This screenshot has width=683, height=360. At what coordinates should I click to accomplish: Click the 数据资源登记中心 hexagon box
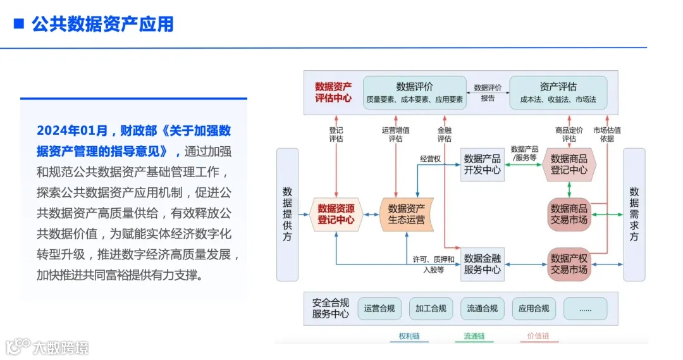tap(336, 214)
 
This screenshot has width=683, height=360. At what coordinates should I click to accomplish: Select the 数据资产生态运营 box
tap(406, 214)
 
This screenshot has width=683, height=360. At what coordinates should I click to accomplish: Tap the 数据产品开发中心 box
tap(483, 164)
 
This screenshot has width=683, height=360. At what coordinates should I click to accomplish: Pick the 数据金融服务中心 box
tap(483, 264)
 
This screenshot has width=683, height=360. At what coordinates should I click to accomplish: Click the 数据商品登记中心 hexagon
tap(569, 164)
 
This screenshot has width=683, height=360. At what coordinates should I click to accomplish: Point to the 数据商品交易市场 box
tap(569, 214)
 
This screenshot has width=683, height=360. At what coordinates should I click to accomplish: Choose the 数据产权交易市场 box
tap(569, 264)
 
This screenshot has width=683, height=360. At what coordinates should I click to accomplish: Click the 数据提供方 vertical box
tap(287, 214)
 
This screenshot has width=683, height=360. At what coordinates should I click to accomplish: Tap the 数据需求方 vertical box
tap(634, 214)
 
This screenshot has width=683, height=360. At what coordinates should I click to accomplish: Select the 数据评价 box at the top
tap(414, 92)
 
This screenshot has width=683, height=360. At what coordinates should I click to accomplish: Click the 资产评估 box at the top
tap(558, 92)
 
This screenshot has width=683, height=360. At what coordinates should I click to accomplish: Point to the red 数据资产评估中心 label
tap(333, 92)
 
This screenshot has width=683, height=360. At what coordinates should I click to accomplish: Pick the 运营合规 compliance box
tap(379, 309)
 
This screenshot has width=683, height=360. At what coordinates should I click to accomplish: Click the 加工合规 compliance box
tap(431, 309)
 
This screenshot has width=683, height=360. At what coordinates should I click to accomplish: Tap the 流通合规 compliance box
tap(483, 309)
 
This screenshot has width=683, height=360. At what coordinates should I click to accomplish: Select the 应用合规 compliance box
tap(534, 309)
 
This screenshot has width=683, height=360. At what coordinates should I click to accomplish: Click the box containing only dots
tap(585, 309)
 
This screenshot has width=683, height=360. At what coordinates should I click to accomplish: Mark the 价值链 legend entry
tap(538, 337)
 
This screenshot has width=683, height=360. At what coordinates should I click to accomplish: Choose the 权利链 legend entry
tap(409, 337)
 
